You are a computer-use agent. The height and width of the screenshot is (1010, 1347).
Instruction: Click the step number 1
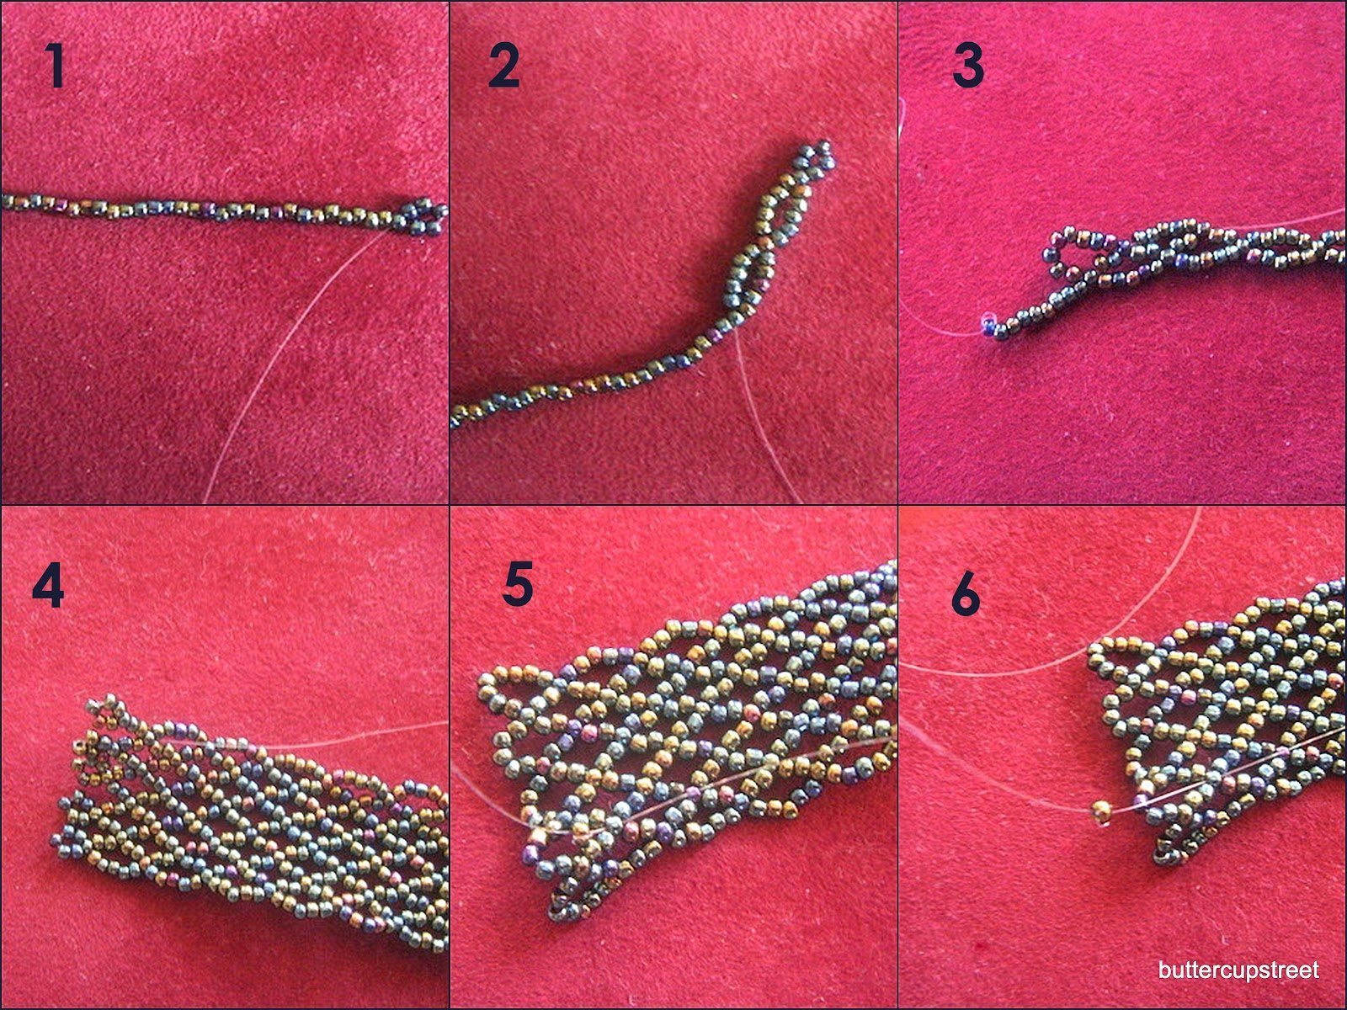56,66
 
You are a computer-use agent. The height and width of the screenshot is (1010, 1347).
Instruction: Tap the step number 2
503,66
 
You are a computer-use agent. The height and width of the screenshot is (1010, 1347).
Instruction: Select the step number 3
968,66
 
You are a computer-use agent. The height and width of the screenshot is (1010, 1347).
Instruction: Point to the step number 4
48,586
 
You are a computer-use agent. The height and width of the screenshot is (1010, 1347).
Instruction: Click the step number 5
517,586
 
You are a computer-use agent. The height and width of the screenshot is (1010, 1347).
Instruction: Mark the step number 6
966,595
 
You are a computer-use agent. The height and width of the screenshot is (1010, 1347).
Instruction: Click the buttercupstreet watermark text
1238,970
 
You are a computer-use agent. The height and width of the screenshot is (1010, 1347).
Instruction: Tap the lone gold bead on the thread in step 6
1101,812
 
